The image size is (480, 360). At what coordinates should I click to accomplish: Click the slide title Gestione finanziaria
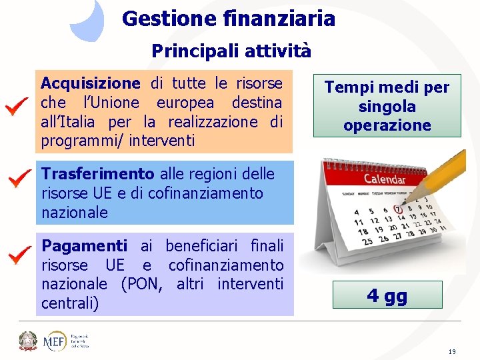(x=229, y=19)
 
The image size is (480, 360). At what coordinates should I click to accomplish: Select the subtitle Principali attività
(x=231, y=51)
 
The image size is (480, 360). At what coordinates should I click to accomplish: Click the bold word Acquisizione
(x=91, y=83)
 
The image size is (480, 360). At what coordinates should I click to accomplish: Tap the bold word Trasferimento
(x=97, y=174)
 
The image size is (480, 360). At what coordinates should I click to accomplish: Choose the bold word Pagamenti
(x=84, y=246)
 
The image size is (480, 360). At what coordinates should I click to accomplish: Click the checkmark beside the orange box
(x=15, y=107)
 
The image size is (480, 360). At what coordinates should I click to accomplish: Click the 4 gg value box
(x=387, y=295)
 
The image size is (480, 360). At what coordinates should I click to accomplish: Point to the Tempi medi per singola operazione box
(x=387, y=106)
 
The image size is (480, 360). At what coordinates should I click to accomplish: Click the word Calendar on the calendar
(x=385, y=180)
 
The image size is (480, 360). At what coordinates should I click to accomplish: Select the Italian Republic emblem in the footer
(x=28, y=341)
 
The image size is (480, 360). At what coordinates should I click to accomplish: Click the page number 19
(x=451, y=351)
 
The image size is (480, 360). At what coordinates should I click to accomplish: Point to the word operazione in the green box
(x=387, y=125)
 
